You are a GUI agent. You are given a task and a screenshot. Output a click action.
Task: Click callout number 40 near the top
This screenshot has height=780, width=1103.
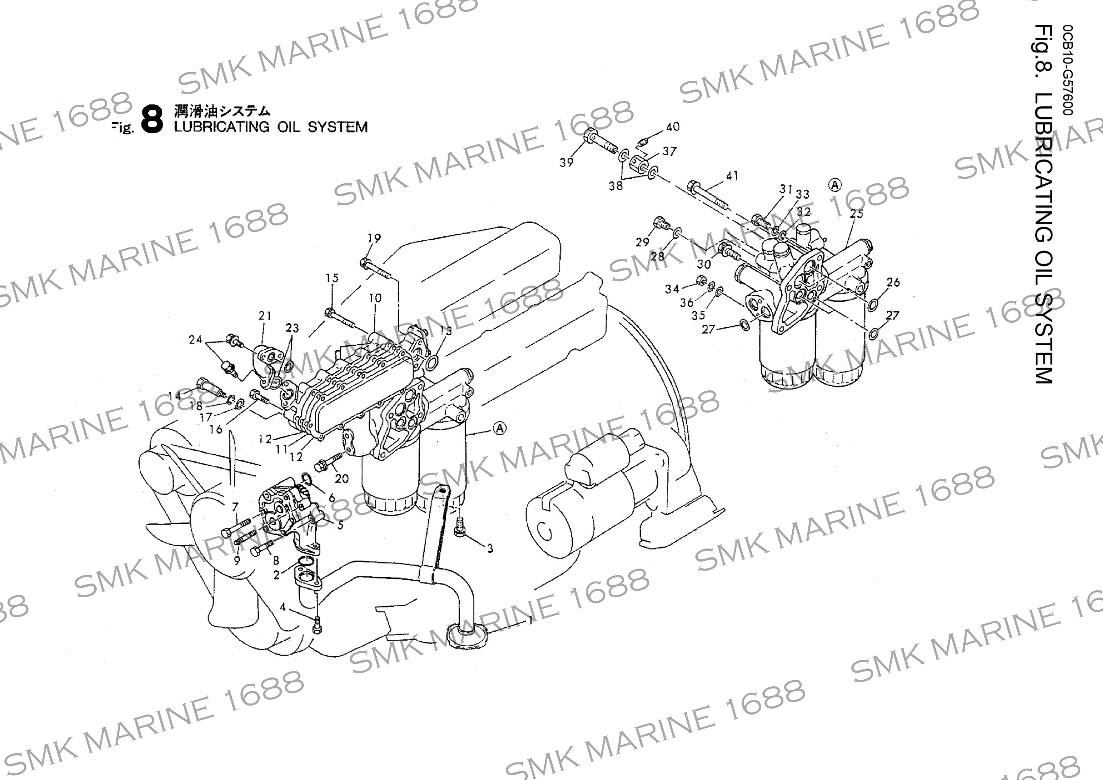(x=673, y=126)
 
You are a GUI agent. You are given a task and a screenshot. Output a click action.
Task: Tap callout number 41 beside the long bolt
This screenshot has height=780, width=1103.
(x=732, y=176)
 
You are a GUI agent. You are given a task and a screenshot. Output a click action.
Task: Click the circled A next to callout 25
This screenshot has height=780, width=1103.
(x=835, y=185)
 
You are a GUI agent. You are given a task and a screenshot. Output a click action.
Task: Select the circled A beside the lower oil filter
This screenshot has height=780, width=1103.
(x=500, y=428)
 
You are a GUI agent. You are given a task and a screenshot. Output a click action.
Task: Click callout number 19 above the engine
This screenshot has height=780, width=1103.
(x=374, y=238)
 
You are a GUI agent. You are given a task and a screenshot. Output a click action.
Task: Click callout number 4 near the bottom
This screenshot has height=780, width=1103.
(x=283, y=607)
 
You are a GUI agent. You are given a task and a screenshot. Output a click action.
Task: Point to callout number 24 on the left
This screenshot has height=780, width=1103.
(x=195, y=340)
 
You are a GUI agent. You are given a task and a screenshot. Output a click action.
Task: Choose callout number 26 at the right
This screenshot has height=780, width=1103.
(x=893, y=282)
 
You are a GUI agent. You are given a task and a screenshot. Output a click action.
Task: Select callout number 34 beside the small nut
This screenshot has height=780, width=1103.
(x=672, y=288)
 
